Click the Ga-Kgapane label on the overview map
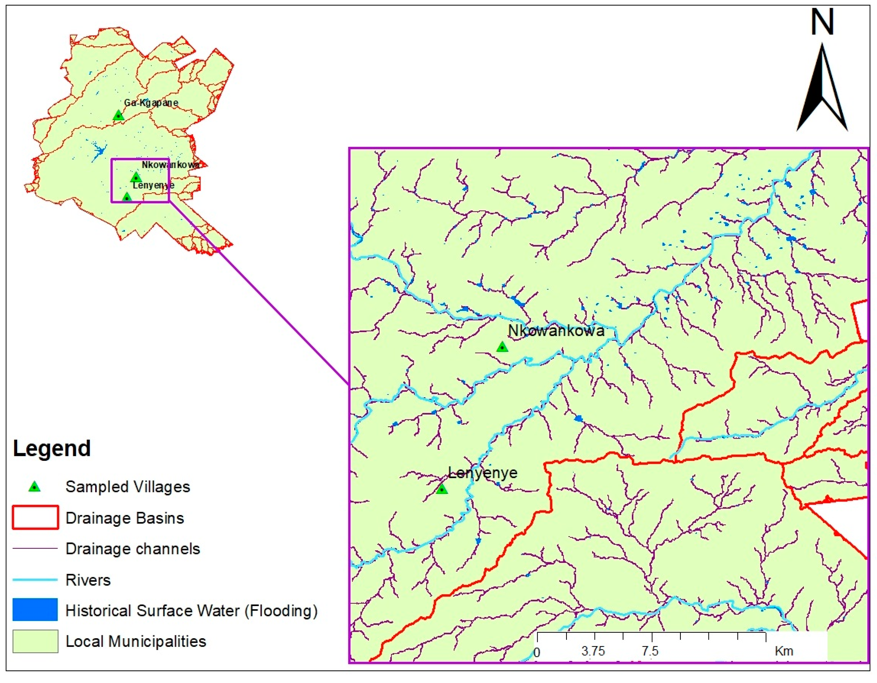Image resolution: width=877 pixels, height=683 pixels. point(151,103)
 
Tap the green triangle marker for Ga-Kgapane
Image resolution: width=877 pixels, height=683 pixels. point(118,116)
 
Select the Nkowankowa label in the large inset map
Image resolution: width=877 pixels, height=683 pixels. point(556,330)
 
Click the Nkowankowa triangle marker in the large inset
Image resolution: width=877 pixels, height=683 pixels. point(502,347)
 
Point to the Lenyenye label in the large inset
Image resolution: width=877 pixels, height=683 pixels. point(483,473)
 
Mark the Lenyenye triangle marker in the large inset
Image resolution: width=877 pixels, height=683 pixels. point(442,489)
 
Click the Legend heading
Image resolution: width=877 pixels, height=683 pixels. point(52,449)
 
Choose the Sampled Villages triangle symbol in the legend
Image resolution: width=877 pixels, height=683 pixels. point(35,487)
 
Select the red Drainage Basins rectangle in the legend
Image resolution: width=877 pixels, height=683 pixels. point(35,518)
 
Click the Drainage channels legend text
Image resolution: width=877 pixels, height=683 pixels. point(132,549)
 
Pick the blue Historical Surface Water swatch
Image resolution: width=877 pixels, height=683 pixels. point(35,610)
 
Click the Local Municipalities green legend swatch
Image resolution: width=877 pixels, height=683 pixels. point(35,641)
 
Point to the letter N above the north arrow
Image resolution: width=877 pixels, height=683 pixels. point(822,22)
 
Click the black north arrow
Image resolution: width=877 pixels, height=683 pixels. point(822,92)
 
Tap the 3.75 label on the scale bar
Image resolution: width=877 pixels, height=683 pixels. point(593,651)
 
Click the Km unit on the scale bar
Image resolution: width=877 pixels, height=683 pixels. point(784,651)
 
